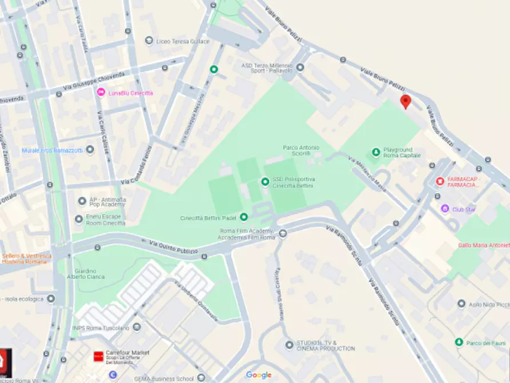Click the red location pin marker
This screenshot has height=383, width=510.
tap(405, 102)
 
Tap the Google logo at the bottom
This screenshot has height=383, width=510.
tap(259, 375)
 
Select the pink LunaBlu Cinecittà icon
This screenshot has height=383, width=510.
tap(101, 93)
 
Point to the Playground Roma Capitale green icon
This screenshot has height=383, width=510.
tap(376, 152)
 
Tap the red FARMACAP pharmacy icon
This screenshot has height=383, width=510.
tap(439, 181)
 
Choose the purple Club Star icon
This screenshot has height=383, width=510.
tap(445, 209)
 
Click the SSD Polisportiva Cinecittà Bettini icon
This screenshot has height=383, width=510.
tap(265, 182)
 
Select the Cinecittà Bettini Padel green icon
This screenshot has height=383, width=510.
tap(244, 217)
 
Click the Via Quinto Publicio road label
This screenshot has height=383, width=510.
tap(174, 248)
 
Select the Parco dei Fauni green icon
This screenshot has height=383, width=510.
tap(459, 342)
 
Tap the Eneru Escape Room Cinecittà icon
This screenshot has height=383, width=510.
tap(79, 219)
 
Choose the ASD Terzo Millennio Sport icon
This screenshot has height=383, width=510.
tap(300, 67)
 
